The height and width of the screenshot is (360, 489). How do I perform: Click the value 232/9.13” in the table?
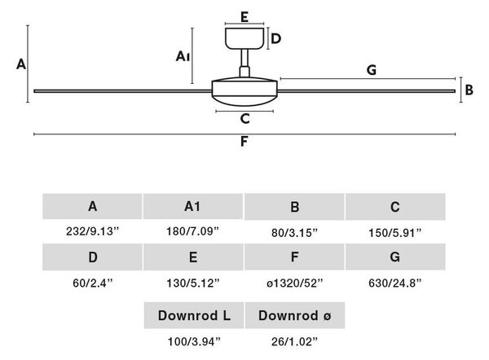93,231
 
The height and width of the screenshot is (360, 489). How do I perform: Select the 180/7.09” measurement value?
192,231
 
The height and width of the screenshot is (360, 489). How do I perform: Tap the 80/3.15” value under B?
294,233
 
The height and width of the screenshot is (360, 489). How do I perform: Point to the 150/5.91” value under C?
394,233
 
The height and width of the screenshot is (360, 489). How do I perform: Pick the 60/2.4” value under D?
93,283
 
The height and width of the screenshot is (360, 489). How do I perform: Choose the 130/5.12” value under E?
193,283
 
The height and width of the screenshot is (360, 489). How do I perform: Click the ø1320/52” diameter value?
294,283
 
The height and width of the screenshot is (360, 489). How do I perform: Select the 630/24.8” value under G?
394,283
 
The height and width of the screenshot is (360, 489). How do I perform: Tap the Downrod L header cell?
194,315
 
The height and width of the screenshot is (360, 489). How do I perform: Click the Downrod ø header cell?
295,315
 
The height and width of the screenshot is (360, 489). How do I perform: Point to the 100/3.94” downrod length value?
194,341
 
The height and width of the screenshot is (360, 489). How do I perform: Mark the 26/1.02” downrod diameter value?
294,341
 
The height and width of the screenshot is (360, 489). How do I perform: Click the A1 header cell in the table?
192,206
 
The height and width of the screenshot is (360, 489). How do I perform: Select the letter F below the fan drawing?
244,142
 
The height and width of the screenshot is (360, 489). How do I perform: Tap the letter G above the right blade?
372,70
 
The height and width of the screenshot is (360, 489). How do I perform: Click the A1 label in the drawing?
183,56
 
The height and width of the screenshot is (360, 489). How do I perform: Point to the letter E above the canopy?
244,17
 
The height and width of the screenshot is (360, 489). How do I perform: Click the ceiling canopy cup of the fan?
244,38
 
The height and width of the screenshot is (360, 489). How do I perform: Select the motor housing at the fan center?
244,92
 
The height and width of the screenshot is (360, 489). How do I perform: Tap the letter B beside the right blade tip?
469,90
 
